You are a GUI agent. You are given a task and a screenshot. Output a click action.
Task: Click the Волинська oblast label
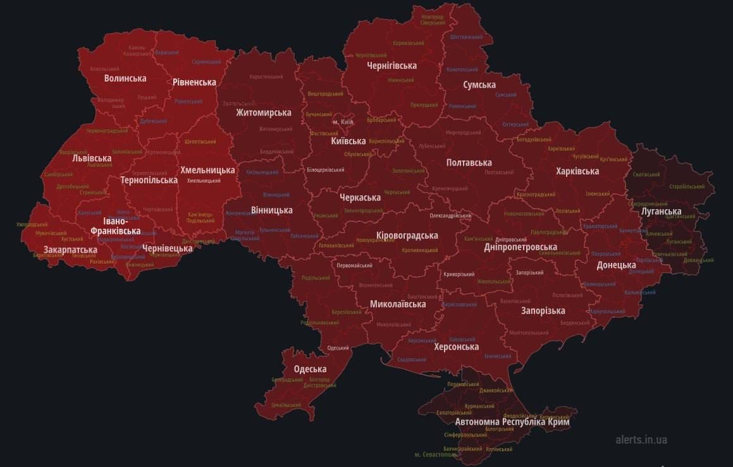coord(125,78)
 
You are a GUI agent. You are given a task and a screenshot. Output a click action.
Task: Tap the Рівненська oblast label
coord(194,82)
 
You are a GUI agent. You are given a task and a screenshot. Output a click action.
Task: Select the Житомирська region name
coord(264,112)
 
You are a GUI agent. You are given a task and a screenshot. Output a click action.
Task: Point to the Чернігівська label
coord(392,66)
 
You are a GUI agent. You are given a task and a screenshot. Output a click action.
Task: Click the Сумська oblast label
coord(479,85)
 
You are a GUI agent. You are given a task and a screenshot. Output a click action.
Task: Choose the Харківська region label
coord(577,171)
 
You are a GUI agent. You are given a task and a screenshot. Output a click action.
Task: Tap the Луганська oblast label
coord(661,212)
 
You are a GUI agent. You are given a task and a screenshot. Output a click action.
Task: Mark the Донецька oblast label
coord(616,265)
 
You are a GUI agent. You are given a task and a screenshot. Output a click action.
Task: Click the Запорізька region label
coord(543,311)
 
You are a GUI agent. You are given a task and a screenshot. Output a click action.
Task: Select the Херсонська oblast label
coord(456,346)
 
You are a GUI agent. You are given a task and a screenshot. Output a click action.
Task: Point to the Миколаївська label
coord(398,304)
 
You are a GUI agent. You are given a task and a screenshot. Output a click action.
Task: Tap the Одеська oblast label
coord(310,369)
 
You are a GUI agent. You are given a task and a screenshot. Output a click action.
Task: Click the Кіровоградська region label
coord(407,236)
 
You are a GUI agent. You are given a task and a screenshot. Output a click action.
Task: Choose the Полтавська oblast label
coord(469,163)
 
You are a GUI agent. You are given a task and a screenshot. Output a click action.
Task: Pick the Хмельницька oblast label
coord(207,170)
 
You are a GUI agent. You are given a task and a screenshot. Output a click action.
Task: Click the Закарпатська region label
coord(70,250)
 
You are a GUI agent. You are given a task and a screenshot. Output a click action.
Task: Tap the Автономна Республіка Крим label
coord(512,422)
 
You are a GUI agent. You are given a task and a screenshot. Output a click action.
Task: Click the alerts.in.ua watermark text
coord(641,440)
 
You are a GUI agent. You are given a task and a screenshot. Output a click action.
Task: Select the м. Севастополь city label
coord(436,454)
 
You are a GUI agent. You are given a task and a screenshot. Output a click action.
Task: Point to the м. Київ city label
coord(342,121)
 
